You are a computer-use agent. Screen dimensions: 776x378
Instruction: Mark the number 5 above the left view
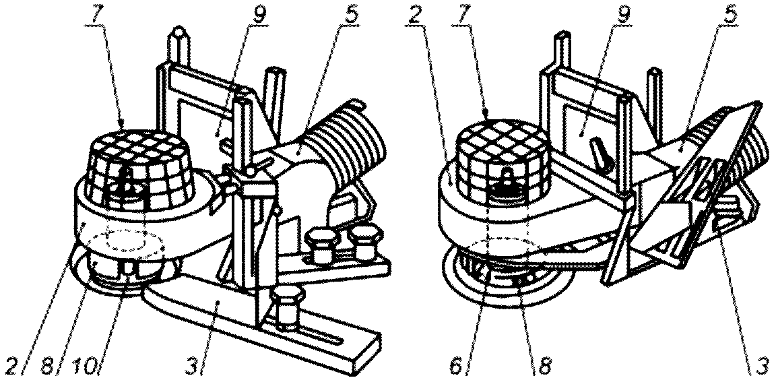pyautogui.click(x=350, y=12)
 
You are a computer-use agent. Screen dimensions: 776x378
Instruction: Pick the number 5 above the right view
pyautogui.click(x=730, y=12)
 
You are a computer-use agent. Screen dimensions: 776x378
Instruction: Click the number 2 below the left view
pyautogui.click(x=9, y=366)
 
